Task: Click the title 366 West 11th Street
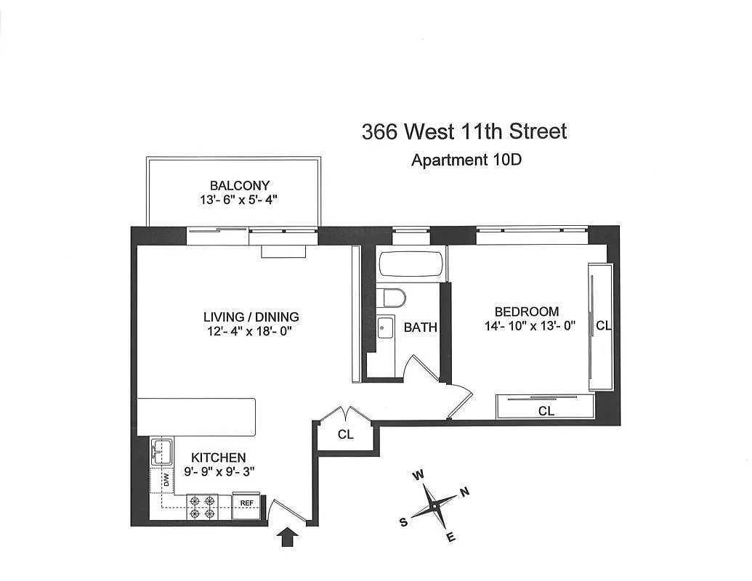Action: point(464,131)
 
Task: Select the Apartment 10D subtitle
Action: point(466,160)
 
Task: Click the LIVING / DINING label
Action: point(251,317)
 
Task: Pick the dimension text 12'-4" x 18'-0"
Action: point(251,332)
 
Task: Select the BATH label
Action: point(421,327)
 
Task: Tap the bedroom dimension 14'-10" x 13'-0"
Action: point(530,326)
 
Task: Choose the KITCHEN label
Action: point(218,458)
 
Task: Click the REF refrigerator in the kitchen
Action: point(247,503)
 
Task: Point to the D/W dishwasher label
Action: point(166,480)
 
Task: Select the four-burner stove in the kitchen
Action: point(203,506)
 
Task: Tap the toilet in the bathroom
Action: point(395,298)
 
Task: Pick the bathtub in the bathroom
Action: point(411,264)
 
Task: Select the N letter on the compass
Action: point(465,491)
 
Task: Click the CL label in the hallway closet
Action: point(346,435)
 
